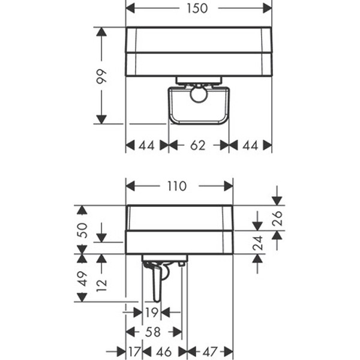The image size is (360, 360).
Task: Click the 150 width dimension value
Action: pyautogui.click(x=197, y=8)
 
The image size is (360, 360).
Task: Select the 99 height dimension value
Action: pyautogui.click(x=101, y=76)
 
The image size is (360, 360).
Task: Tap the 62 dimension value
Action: pyautogui.click(x=197, y=145)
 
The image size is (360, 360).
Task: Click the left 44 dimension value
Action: pyautogui.click(x=147, y=145)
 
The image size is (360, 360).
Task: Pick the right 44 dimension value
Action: pyautogui.click(x=250, y=145)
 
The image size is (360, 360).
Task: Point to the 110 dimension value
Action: pyautogui.click(x=177, y=186)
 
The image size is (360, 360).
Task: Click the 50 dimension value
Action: pyautogui.click(x=82, y=230)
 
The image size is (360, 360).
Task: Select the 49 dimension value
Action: pyautogui.click(x=82, y=279)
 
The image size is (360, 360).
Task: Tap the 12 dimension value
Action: pyautogui.click(x=102, y=285)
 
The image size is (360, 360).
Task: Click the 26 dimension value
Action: pyautogui.click(x=277, y=218)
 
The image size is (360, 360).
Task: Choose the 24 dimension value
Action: pyautogui.click(x=257, y=242)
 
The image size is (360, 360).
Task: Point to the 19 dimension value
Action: pyautogui.click(x=152, y=312)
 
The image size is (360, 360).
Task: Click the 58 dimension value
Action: pyautogui.click(x=153, y=332)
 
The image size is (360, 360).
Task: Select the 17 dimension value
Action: pyautogui.click(x=134, y=352)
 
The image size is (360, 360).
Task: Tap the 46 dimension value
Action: pyautogui.click(x=164, y=352)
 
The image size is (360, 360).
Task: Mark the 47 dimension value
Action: pyautogui.click(x=210, y=352)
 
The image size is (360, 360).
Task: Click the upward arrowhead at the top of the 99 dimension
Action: pyautogui.click(x=101, y=32)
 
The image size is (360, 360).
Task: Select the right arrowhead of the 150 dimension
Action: pyautogui.click(x=268, y=8)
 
